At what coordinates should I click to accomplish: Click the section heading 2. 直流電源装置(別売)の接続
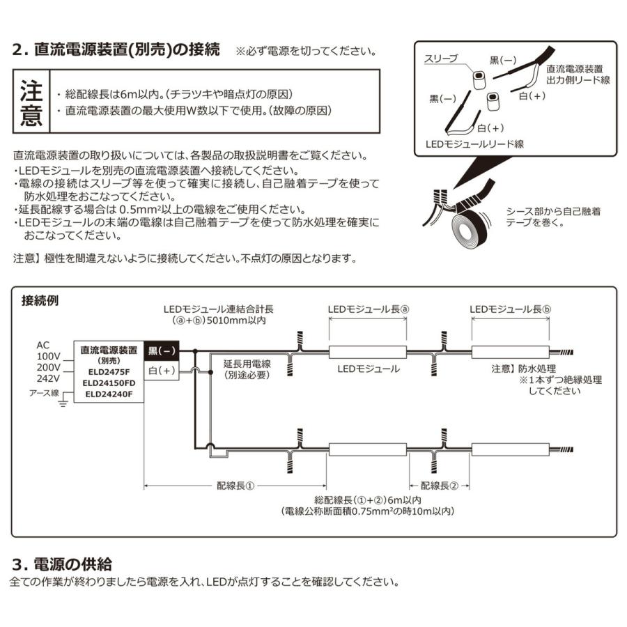(116, 50)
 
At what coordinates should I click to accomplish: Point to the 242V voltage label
(48, 379)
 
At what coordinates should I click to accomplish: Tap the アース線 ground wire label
(43, 392)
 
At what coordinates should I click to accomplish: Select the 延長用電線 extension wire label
(247, 369)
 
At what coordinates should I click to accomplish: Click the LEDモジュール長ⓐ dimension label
(367, 309)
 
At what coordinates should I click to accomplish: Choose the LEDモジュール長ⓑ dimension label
(510, 309)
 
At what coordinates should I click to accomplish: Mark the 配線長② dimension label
(440, 486)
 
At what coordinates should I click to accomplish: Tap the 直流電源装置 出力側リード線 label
(578, 75)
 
